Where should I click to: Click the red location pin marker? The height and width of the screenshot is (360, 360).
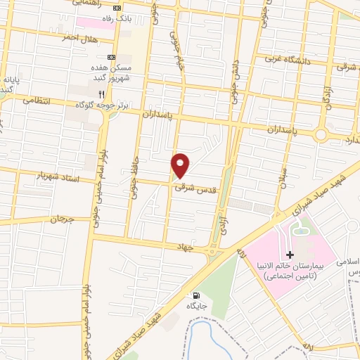pyautogui.click(x=181, y=165)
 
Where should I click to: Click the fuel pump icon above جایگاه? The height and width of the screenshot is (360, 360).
pyautogui.click(x=195, y=295)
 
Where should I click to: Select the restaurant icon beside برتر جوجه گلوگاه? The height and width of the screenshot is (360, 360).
pyautogui.click(x=102, y=94)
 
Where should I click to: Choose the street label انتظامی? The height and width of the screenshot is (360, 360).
pyautogui.click(x=38, y=101)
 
